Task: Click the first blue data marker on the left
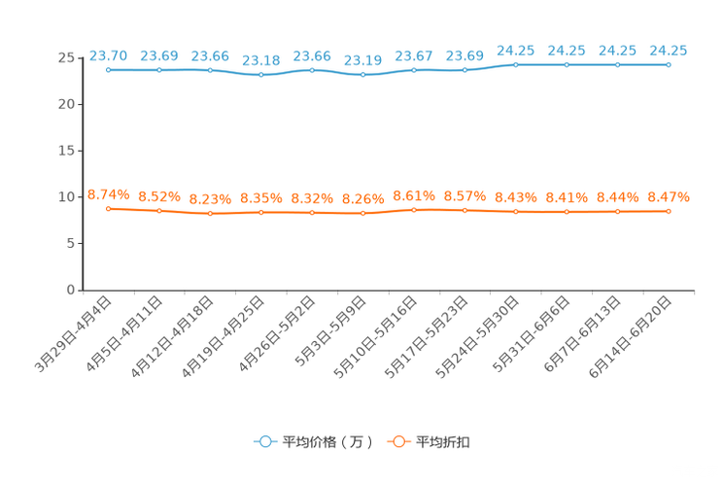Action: pos(108,70)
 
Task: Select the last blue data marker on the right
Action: pos(669,65)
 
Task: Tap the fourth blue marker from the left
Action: pos(260,75)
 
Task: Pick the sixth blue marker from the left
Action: pos(362,75)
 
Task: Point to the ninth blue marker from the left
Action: pos(516,65)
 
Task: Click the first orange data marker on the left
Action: pos(108,208)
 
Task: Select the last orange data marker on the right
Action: pos(669,211)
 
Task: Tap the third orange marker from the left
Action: pos(210,213)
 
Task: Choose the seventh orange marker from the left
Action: pos(414,210)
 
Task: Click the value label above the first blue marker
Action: pos(108,54)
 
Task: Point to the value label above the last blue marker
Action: pos(669,50)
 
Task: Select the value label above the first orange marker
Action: pos(108,193)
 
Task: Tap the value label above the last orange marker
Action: pos(669,196)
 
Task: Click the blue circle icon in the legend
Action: pos(263,441)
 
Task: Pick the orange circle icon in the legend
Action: pos(397,441)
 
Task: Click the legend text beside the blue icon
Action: pos(327,442)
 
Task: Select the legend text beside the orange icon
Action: pos(443,442)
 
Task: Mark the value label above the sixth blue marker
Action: pos(362,59)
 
